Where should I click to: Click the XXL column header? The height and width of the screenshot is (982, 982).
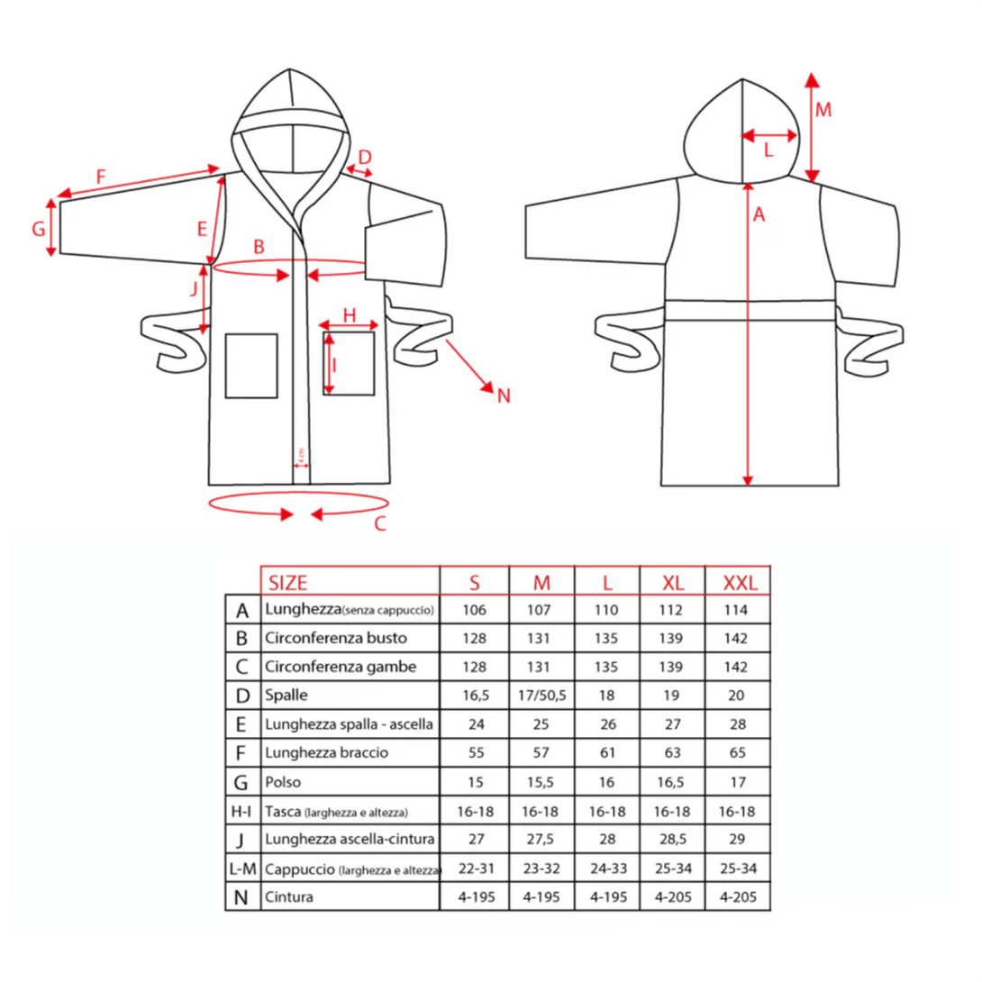740,583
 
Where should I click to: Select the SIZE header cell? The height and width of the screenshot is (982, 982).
288,583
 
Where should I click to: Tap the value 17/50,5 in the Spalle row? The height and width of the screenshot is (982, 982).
541,696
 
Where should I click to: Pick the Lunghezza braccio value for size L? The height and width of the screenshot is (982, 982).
607,752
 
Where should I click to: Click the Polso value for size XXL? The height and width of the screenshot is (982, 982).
738,782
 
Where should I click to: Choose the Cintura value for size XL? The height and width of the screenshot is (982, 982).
673,896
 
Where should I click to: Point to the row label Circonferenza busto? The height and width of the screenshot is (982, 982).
336,638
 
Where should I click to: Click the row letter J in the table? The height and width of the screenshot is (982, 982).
241,840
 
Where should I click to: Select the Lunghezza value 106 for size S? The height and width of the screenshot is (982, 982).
474,609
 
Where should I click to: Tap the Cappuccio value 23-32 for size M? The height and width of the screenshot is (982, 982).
541,868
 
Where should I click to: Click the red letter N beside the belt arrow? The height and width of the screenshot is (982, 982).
504,396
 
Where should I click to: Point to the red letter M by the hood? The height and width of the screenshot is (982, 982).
823,110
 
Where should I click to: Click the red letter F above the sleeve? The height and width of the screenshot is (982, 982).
101,177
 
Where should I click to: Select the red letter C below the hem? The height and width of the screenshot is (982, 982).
380,523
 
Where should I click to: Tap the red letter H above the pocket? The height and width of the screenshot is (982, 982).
350,315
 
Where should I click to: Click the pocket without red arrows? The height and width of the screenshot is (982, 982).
251,366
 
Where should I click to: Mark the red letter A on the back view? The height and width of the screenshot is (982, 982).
759,214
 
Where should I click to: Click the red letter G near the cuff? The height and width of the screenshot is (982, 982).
39,229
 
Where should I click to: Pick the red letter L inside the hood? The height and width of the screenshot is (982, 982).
768,150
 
